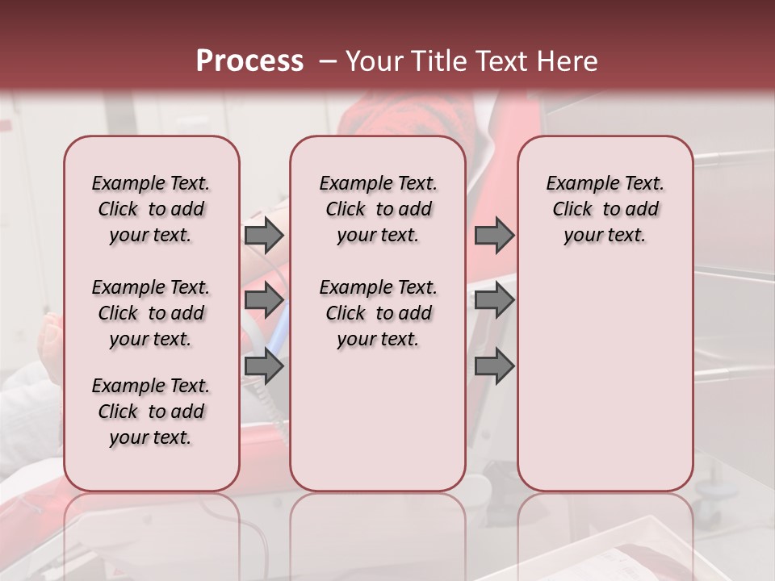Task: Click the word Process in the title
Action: click(249, 61)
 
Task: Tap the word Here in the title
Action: click(568, 61)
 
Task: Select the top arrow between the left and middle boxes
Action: click(263, 235)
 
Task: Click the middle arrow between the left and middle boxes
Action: click(263, 300)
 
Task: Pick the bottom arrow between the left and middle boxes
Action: click(263, 367)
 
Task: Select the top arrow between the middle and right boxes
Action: click(494, 235)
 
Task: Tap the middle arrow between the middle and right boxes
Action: click(494, 300)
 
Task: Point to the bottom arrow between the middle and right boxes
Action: click(494, 367)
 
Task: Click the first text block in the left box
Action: click(151, 209)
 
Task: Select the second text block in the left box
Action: click(151, 313)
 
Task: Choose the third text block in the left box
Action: click(151, 412)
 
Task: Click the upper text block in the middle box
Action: click(378, 209)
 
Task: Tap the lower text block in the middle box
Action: click(378, 313)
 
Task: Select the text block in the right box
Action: click(605, 209)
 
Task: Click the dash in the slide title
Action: click(327, 61)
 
